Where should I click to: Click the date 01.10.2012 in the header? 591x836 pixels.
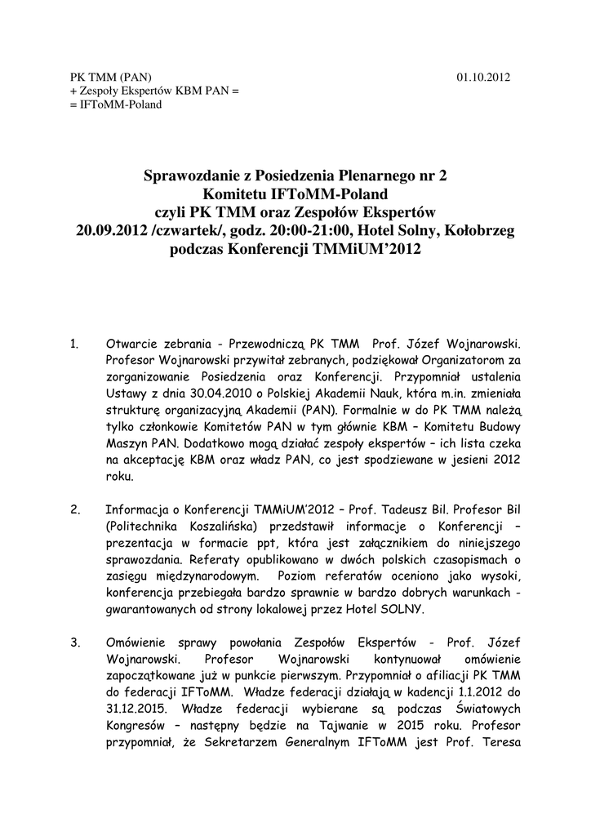[483, 78]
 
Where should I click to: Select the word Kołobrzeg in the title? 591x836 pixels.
[478, 231]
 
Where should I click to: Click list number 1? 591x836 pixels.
[74, 345]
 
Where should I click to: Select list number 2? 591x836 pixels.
[75, 510]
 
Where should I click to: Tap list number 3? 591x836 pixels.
[75, 643]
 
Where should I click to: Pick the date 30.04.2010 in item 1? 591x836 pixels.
[186, 394]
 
